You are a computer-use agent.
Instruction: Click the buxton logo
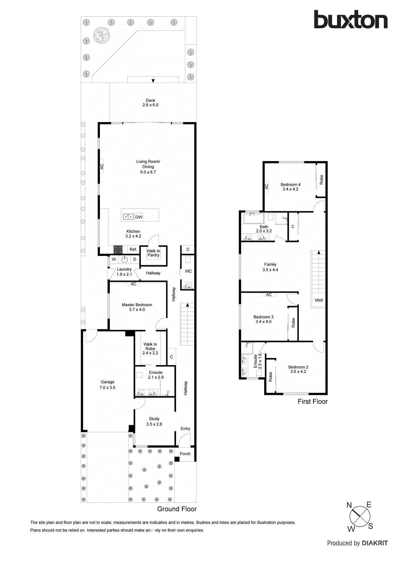350,20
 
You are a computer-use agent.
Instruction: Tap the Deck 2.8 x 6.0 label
150,103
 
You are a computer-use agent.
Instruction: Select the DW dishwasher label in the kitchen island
139,217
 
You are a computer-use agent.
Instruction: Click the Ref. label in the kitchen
133,249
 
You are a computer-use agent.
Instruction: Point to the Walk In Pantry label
153,253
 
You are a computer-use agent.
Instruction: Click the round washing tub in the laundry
124,260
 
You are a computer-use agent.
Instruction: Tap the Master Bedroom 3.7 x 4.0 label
137,307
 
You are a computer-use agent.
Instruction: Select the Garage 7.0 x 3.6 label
107,385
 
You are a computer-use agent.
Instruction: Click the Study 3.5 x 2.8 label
154,421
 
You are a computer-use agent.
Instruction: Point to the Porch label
185,453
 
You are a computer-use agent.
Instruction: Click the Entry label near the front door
185,429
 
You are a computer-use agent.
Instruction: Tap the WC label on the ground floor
188,271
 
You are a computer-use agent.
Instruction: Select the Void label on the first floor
318,300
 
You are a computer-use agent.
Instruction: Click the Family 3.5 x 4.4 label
270,267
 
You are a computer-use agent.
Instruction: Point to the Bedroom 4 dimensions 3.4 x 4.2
290,189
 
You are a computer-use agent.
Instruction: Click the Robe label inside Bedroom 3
293,323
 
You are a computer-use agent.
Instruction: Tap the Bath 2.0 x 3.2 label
264,229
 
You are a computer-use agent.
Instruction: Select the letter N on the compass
349,505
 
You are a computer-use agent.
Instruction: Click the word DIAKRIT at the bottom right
375,543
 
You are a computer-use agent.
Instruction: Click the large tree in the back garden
101,35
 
